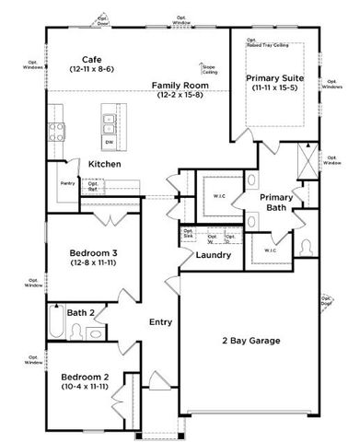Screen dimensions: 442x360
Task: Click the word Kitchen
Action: click(105, 164)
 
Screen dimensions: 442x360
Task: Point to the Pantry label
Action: click(66, 183)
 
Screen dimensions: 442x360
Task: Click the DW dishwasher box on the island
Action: click(109, 142)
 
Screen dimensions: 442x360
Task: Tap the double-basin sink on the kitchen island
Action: click(109, 119)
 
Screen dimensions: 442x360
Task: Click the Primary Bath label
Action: click(275, 203)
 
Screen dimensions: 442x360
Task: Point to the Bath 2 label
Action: click(82, 313)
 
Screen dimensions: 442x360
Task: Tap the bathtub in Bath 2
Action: click(54, 326)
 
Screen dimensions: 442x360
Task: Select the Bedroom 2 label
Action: click(85, 381)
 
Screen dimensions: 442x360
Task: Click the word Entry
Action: click(161, 322)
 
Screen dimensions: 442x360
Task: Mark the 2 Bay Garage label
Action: click(250, 341)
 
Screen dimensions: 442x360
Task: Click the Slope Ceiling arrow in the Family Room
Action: click(203, 67)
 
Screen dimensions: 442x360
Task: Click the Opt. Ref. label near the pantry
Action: click(93, 185)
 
